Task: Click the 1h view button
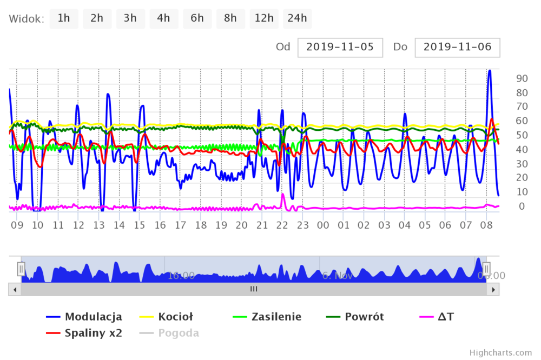[x=64, y=18]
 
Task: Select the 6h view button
[x=197, y=18]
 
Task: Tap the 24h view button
[x=297, y=18]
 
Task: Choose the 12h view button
[x=264, y=18]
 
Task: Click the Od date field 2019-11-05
[x=340, y=47]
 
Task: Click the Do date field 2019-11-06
[x=457, y=47]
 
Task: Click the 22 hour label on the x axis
[x=282, y=225]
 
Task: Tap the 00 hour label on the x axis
[x=323, y=225]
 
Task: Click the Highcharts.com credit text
[x=500, y=352]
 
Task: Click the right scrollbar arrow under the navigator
[x=493, y=289]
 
